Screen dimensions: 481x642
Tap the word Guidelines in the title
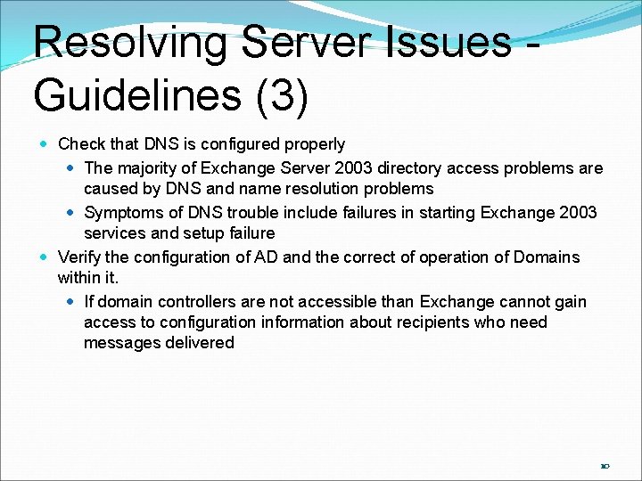tap(137, 94)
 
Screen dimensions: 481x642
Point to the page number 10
tap(605, 466)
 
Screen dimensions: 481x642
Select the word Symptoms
tap(121, 213)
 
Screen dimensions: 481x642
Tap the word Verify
tap(79, 257)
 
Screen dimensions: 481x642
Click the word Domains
tap(545, 257)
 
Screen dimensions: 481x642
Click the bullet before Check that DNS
tap(45, 144)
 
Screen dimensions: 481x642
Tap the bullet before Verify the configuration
tap(45, 257)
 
